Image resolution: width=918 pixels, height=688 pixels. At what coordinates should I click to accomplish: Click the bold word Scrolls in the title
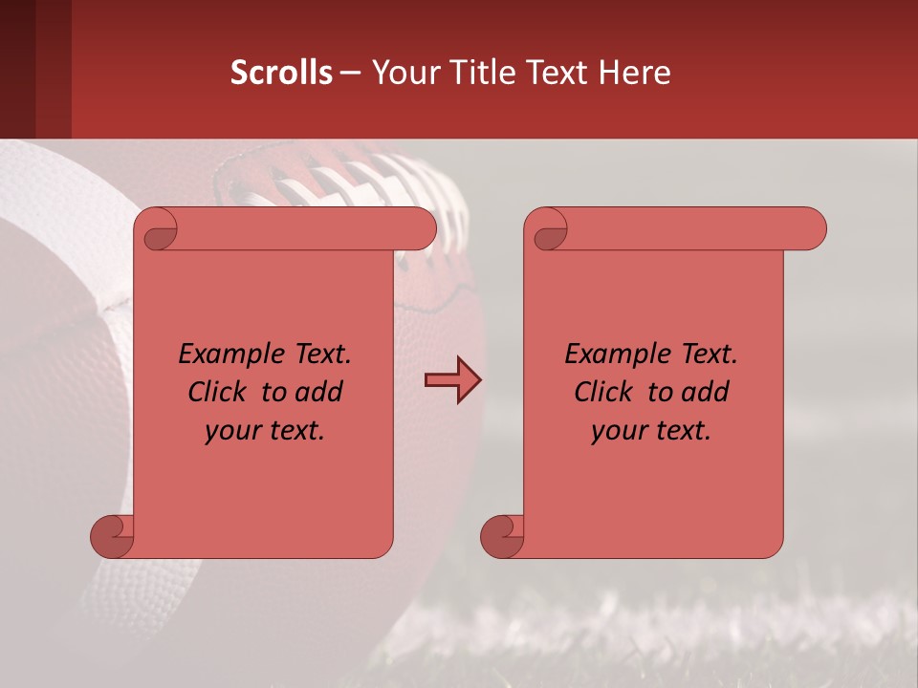tap(282, 72)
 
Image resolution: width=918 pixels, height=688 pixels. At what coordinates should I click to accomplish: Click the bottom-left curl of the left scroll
tap(112, 536)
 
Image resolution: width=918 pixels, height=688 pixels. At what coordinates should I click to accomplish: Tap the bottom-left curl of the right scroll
tap(502, 536)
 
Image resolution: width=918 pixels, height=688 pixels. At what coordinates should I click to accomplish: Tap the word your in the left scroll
tap(232, 431)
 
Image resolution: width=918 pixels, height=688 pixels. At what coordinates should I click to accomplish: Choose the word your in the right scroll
tap(619, 431)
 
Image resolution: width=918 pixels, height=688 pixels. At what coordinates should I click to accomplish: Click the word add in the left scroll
tap(318, 392)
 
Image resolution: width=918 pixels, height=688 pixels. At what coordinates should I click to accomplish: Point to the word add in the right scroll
tap(705, 392)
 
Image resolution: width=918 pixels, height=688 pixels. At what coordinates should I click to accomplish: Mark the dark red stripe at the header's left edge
tap(17, 69)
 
